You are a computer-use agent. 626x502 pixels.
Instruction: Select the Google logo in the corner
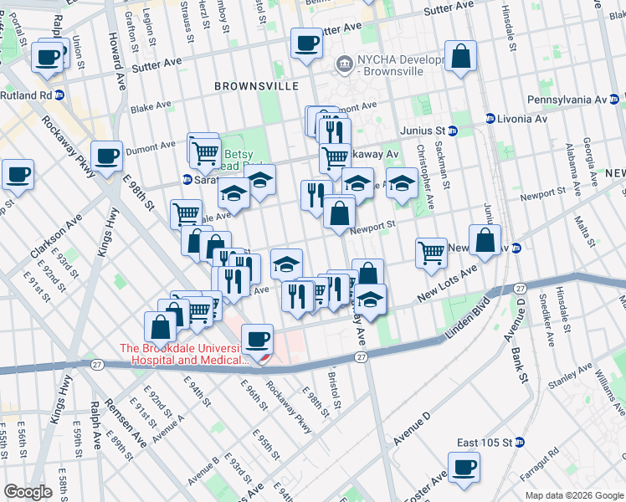[x=28, y=492]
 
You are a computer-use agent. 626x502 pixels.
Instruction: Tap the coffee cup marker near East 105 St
[x=464, y=467]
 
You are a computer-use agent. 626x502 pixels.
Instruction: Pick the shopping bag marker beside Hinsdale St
[x=460, y=58]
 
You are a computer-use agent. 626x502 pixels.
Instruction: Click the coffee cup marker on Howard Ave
[x=107, y=156]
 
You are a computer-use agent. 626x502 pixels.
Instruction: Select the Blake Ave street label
[x=151, y=107]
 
